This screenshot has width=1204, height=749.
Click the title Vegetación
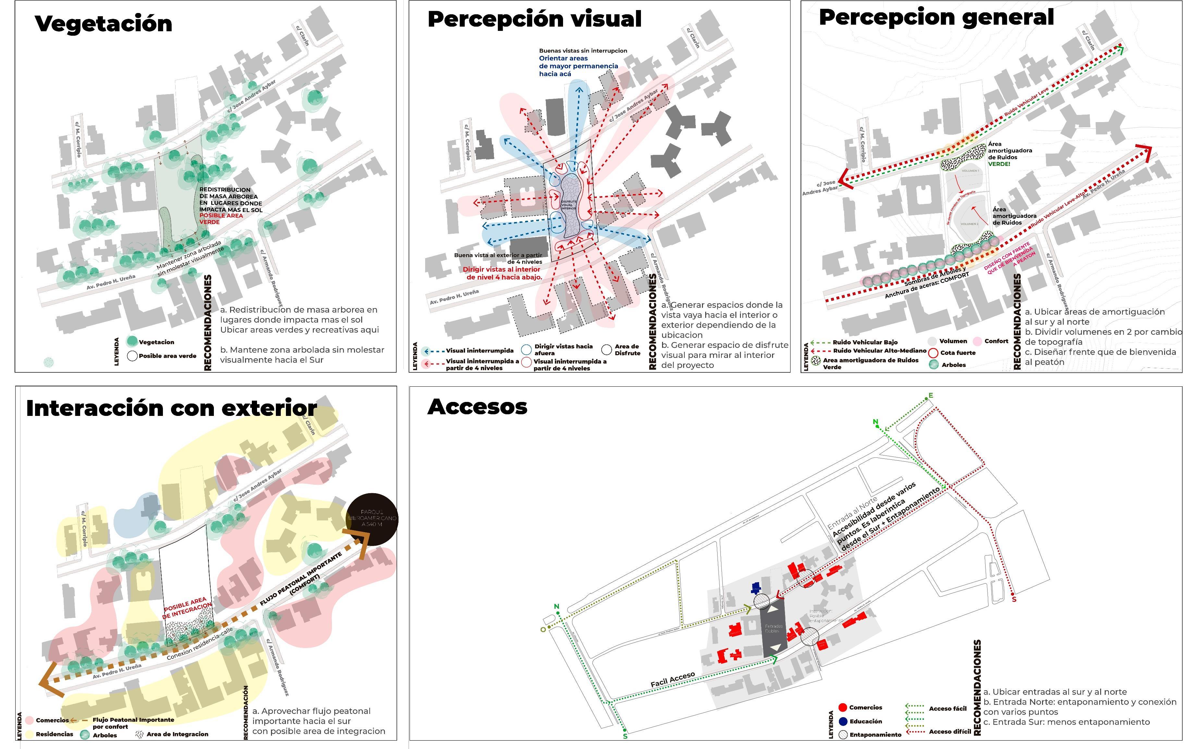click(x=104, y=24)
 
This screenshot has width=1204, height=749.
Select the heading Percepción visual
click(x=534, y=19)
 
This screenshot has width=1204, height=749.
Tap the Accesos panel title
click(x=477, y=407)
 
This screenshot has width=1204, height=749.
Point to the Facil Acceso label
click(x=672, y=680)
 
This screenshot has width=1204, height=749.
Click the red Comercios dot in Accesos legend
click(x=842, y=708)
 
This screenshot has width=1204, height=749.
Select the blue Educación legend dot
click(x=842, y=721)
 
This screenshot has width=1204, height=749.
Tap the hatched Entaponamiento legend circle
click(x=842, y=735)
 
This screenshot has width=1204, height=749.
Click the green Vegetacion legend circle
click(x=132, y=341)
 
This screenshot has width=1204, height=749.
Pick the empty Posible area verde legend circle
click(x=132, y=356)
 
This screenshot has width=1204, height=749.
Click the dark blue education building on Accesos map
click(x=756, y=588)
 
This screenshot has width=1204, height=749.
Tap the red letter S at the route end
click(x=1014, y=599)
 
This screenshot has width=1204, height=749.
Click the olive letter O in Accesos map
click(x=543, y=630)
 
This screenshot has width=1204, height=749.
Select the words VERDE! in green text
click(x=999, y=164)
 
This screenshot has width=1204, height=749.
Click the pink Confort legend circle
click(x=977, y=341)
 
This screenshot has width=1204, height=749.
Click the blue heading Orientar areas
click(x=563, y=58)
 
